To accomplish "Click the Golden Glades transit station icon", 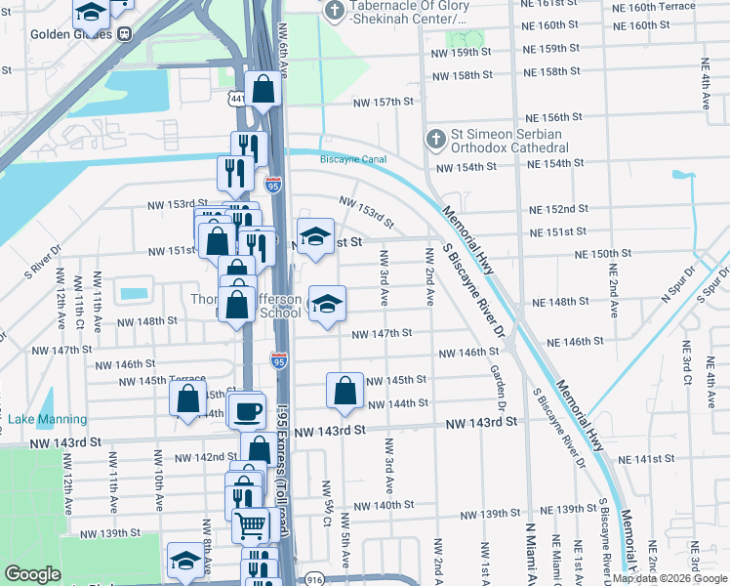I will pyautogui.click(x=125, y=34).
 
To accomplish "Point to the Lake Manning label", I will pyautogui.click(x=48, y=420).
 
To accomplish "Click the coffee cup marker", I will pyautogui.click(x=247, y=409).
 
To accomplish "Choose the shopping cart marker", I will pyautogui.click(x=251, y=524).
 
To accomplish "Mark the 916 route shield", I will pyautogui.click(x=314, y=579).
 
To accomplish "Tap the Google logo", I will pyautogui.click(x=32, y=574).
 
